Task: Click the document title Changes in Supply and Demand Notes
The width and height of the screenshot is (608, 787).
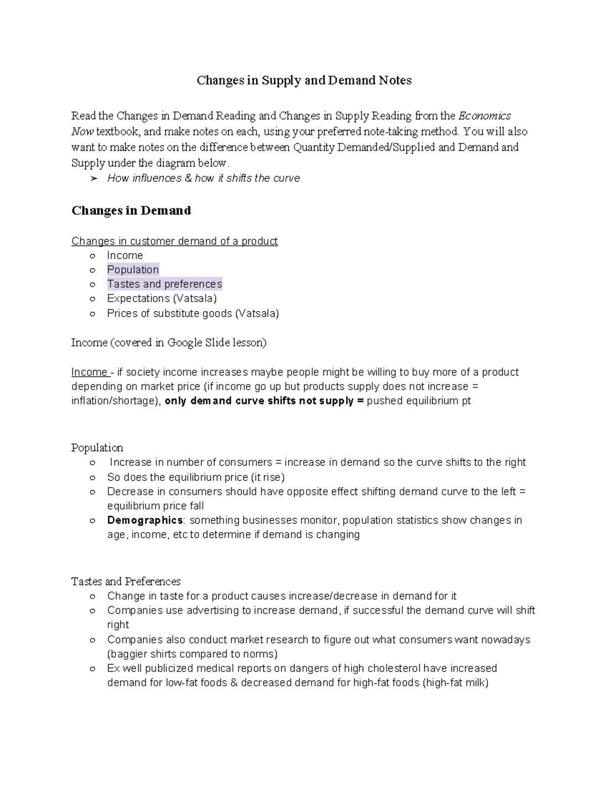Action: (x=304, y=81)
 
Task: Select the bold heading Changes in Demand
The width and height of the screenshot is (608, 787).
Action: (x=131, y=211)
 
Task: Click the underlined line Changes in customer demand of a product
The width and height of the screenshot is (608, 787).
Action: (x=174, y=241)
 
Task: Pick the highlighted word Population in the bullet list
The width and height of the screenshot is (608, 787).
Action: (x=133, y=270)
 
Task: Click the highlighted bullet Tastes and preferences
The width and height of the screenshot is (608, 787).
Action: (x=164, y=284)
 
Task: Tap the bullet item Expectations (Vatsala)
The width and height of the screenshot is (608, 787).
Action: (x=162, y=298)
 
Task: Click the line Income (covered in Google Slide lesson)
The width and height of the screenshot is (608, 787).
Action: (x=169, y=343)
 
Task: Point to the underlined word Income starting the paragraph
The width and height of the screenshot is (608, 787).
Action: (x=89, y=372)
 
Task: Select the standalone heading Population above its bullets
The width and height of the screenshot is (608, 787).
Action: (x=97, y=448)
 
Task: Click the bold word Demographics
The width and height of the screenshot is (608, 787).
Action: (x=145, y=520)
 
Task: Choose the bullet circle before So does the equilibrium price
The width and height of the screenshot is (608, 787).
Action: (x=92, y=477)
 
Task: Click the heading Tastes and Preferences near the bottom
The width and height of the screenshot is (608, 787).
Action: (x=126, y=582)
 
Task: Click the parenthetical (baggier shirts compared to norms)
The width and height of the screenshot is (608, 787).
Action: (x=192, y=654)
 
